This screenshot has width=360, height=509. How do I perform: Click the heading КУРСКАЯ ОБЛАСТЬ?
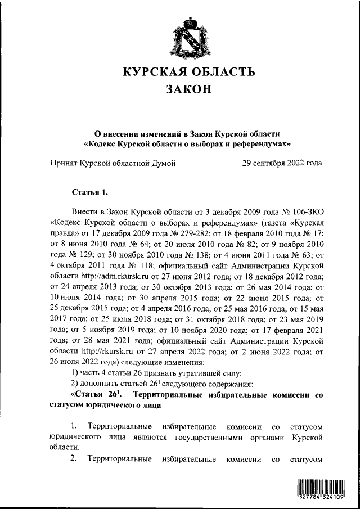(188, 72)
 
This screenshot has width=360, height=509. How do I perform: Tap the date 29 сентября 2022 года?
(282, 164)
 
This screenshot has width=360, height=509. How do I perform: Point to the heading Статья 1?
(89, 193)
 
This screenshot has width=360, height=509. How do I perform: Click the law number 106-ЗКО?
(304, 211)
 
